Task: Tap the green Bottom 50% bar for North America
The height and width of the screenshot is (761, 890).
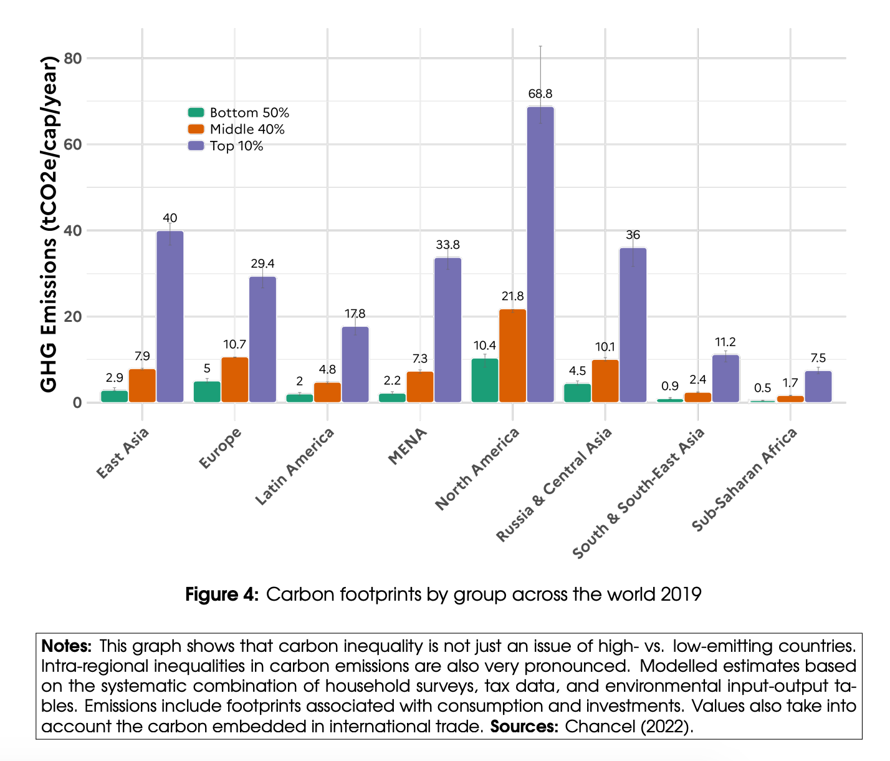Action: [x=485, y=380]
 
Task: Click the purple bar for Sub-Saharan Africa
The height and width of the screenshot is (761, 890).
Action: [x=818, y=386]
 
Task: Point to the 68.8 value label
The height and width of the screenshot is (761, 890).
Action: [x=540, y=94]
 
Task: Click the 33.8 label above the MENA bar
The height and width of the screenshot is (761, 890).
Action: [x=447, y=245]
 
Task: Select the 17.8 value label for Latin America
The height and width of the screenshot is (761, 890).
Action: [x=355, y=314]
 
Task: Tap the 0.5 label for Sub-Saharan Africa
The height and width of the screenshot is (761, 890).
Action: [x=762, y=388]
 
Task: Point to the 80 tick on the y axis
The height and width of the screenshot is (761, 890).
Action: [x=73, y=59]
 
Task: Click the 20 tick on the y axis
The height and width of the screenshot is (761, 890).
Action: [x=73, y=317]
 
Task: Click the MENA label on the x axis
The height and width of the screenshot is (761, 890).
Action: [x=408, y=447]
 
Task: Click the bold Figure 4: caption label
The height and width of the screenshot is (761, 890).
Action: [x=221, y=594]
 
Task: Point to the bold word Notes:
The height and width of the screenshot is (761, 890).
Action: [x=67, y=645]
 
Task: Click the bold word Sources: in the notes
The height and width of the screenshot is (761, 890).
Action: [x=524, y=727]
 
